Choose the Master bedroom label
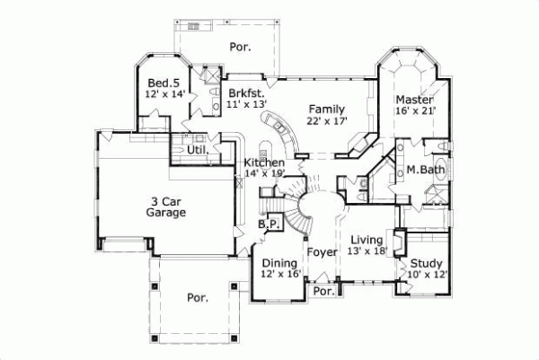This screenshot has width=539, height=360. [416, 99]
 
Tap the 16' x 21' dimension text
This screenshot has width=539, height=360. [416, 110]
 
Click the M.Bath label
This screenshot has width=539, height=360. [421, 169]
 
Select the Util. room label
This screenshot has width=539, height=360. [198, 150]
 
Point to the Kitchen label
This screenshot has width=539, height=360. [264, 162]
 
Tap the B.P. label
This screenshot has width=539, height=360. [267, 224]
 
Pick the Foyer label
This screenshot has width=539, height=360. [322, 252]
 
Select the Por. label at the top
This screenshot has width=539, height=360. [239, 45]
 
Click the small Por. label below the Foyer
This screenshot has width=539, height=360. [323, 292]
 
